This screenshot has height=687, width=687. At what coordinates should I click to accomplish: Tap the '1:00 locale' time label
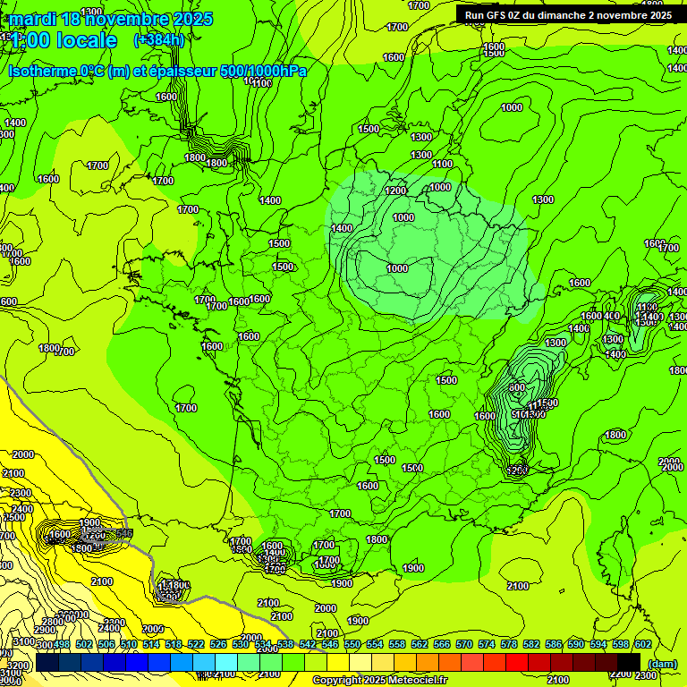(x=63, y=40)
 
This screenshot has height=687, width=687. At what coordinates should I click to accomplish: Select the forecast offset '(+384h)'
(x=158, y=40)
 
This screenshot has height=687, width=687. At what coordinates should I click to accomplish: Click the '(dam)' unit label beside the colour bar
(x=661, y=663)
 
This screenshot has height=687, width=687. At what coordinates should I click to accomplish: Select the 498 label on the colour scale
(x=61, y=644)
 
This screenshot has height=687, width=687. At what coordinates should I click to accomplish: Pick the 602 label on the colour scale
(x=642, y=644)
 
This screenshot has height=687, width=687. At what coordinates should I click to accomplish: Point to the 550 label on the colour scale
(x=352, y=644)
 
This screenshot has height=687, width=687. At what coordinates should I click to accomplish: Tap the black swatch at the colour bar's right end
(x=629, y=662)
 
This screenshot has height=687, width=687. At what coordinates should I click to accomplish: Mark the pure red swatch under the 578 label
(x=517, y=662)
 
